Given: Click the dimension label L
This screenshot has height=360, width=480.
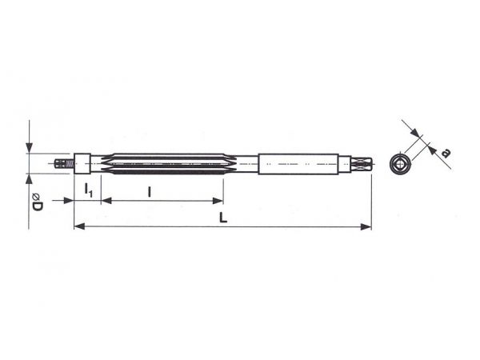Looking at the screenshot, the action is point(223,218).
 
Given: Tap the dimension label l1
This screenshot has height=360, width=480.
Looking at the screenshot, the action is point(88,190).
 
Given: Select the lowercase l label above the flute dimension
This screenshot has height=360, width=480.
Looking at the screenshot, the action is point(149,192).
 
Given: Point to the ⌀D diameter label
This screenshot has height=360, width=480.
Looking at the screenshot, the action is point(37,202).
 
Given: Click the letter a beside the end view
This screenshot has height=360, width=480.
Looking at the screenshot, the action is point(446,153).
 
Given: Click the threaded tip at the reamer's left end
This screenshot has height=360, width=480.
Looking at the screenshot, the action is point(64,164).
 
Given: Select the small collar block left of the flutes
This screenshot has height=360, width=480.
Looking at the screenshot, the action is point(82,164).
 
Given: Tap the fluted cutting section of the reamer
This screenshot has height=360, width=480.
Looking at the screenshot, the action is point(168,164).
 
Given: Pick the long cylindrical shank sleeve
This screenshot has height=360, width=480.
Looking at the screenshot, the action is point(298,164).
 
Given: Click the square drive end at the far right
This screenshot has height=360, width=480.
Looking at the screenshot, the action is point(362,164).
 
